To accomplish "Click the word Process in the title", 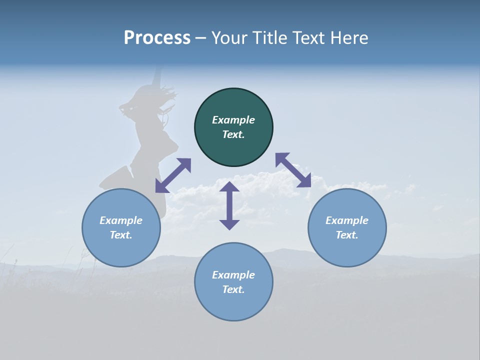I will tap(157, 38).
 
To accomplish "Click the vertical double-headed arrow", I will tap(229, 205).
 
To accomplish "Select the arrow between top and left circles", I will tap(173, 175).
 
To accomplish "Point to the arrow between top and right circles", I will tap(293, 170).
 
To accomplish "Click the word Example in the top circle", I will tap(233, 120).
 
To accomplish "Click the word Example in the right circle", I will tap(347, 220).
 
